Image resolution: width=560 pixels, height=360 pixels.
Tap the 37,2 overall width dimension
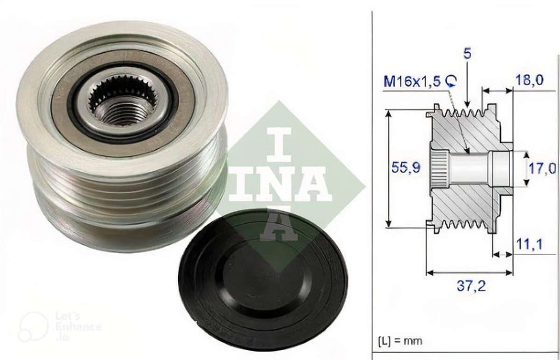tap(471, 285)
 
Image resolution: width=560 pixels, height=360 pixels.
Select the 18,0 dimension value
tap(529, 80)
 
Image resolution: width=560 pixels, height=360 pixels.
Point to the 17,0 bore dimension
tap(542, 168)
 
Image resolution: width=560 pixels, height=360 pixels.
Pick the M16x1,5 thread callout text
tap(412, 82)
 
